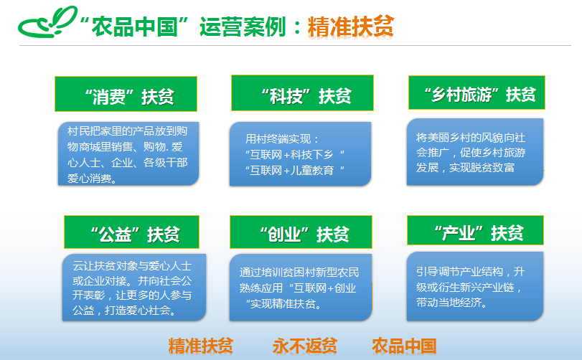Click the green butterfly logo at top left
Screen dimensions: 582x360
(47, 22)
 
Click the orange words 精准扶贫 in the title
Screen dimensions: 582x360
(350, 27)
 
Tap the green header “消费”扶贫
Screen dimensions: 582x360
(126, 94)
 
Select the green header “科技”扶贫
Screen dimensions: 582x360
(302, 93)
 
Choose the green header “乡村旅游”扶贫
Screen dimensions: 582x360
(477, 93)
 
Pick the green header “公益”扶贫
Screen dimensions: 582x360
(132, 232)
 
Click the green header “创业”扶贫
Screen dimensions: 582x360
(301, 232)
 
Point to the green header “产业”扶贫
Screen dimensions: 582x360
(476, 230)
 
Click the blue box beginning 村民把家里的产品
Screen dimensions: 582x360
(128, 153)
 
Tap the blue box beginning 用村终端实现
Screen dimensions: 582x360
(300, 154)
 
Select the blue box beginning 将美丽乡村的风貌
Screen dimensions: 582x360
(475, 151)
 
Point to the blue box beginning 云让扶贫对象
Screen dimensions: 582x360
(134, 288)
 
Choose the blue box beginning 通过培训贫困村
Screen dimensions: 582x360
(301, 288)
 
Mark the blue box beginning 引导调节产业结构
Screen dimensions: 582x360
(475, 286)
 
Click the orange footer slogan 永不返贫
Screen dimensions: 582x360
(305, 346)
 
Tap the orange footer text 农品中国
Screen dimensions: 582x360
(404, 346)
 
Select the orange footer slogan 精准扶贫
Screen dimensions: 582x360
(201, 346)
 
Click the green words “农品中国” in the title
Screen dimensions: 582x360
(135, 27)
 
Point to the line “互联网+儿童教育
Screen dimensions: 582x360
(295, 171)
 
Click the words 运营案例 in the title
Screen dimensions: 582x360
(243, 27)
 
